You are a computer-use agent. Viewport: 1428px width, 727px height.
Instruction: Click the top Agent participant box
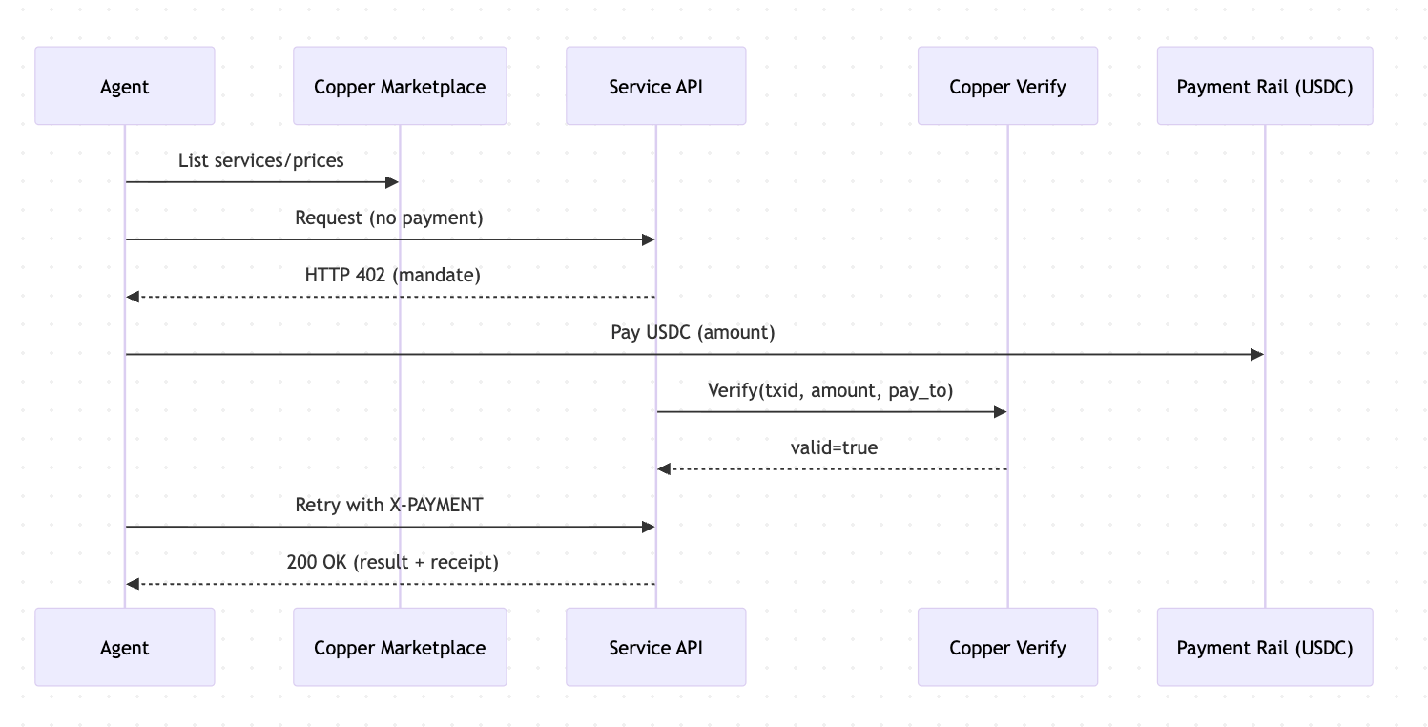[124, 87]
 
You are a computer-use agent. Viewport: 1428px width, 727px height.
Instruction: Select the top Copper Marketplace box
[400, 87]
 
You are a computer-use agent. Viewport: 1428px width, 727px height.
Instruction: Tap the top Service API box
[655, 87]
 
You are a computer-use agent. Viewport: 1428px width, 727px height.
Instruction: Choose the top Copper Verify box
[1007, 87]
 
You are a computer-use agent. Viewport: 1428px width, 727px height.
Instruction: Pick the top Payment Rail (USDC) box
[1264, 87]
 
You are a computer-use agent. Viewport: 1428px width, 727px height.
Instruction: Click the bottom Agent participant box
[124, 648]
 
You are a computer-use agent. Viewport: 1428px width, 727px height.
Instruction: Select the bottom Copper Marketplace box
[400, 648]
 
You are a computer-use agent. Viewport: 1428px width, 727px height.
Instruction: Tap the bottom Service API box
[655, 648]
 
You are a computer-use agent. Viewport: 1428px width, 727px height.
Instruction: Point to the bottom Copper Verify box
[1007, 648]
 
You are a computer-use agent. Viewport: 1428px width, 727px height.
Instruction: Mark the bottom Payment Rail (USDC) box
[1264, 648]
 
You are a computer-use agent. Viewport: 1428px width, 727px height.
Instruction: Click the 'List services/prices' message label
[260, 160]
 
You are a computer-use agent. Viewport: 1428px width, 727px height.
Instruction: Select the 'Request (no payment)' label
[389, 218]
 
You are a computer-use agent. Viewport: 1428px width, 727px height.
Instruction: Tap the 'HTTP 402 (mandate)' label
[392, 275]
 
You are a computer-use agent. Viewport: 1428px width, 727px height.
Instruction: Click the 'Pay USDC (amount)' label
[693, 332]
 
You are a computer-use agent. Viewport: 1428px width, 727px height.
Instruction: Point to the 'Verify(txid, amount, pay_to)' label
[830, 389]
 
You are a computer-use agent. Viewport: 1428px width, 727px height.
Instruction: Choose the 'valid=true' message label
[834, 447]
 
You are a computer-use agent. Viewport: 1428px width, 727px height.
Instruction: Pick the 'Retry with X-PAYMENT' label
[389, 504]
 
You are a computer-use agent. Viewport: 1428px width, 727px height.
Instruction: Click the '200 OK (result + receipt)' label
[392, 562]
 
